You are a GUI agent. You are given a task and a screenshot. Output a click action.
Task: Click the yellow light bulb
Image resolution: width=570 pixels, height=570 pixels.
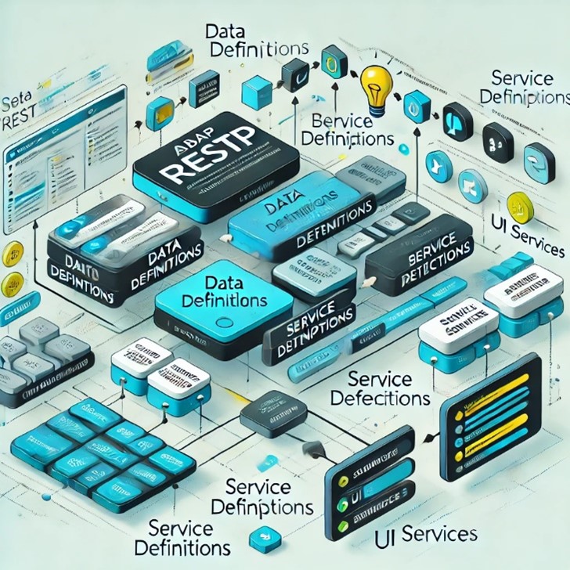pyautogui.click(x=373, y=83)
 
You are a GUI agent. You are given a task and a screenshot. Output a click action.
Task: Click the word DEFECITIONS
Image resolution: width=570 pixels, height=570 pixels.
pyautogui.click(x=380, y=398)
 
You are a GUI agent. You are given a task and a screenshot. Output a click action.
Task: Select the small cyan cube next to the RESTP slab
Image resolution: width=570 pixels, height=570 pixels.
pyautogui.click(x=161, y=106)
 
